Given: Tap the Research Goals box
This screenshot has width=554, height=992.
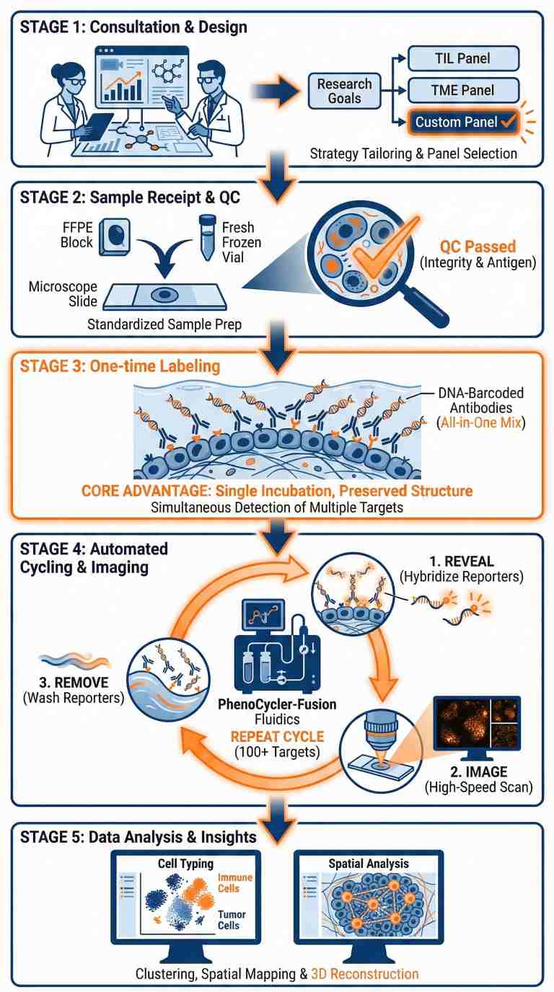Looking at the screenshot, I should coord(344,90).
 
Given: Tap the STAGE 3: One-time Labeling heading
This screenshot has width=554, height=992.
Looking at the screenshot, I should coord(120,366).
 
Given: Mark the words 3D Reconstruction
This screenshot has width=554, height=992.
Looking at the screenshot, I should coord(364,973).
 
